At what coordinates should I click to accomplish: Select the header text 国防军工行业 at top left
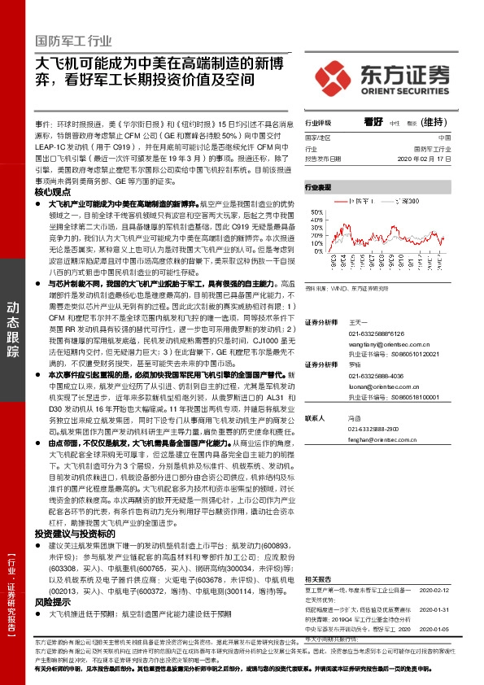74,40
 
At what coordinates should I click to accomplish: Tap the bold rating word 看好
373,120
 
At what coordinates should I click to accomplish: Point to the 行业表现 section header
318,187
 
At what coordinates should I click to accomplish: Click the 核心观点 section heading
54,191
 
